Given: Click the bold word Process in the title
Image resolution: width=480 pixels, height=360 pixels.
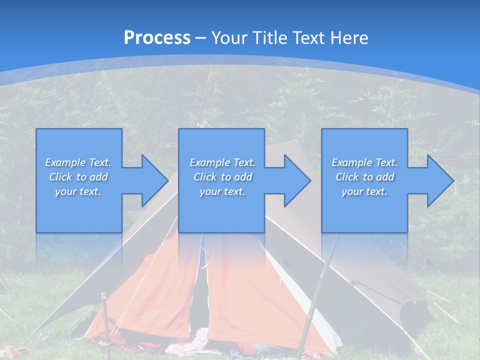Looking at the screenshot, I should pos(157,37).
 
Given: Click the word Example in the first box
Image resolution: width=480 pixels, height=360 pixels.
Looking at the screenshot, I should pos(65,162).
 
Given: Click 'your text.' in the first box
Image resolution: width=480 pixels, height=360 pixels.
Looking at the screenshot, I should pos(78,191).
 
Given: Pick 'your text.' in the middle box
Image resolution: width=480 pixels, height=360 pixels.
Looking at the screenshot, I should pos(222,191).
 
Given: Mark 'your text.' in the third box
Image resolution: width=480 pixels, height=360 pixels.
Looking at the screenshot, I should pos(364,191).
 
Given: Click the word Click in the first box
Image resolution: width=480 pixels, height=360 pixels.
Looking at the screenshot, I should pos(61,177).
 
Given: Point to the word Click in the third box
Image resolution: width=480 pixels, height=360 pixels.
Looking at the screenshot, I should pos(347,177).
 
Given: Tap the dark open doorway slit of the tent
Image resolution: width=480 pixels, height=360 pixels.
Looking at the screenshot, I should pos(202,290).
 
